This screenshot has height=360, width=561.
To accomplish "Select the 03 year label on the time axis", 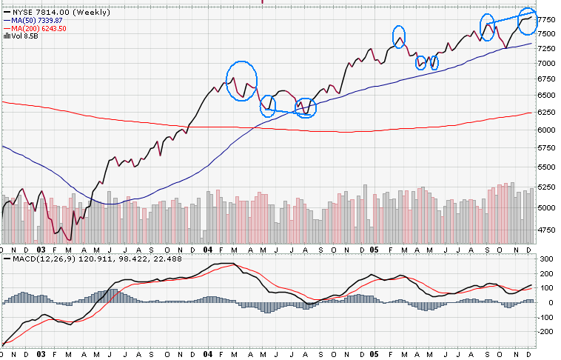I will point(42,250).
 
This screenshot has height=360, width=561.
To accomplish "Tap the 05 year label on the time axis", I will point(374,250).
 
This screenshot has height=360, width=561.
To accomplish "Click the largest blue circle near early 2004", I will point(241,81).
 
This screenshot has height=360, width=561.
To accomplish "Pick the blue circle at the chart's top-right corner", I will point(527,21).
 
